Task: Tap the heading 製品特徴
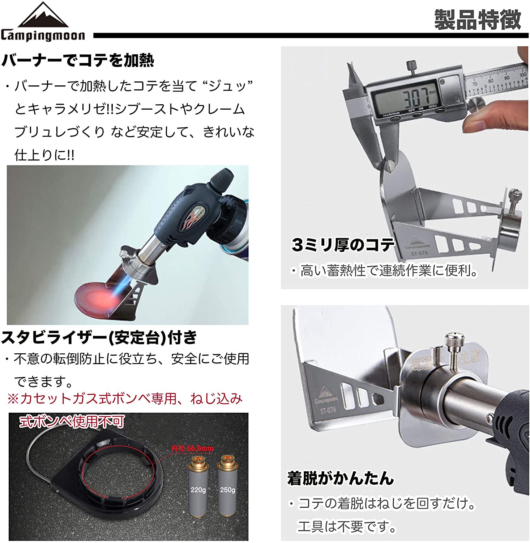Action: pos(477,20)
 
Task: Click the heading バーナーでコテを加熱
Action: pos(78,60)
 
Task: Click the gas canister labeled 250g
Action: pos(227,487)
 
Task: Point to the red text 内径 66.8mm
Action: pos(192,449)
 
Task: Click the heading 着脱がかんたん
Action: pos(340,478)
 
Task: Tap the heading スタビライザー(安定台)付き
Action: pos(99,337)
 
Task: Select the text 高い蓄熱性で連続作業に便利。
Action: pos(389,270)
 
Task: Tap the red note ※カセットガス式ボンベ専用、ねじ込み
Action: pos(125,399)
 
